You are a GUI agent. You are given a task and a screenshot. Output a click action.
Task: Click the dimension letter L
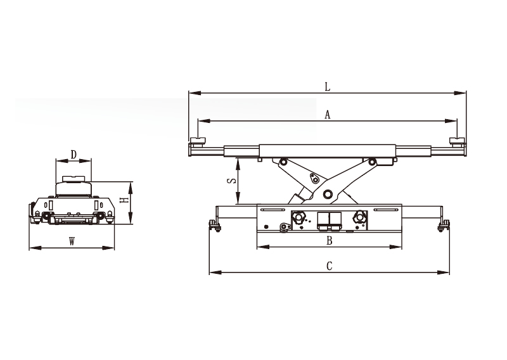pos(328,87)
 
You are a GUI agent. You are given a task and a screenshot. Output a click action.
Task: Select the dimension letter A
pos(328,115)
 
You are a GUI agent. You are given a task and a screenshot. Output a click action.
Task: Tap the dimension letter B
pos(329,241)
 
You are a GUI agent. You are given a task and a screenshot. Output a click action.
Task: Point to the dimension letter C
pos(329,266)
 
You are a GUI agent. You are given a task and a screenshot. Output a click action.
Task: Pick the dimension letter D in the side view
pos(74,155)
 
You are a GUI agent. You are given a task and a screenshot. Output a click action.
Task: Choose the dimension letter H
pos(124,200)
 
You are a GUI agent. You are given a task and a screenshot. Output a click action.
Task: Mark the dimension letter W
pos(72,241)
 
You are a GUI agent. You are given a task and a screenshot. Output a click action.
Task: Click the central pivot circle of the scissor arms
pos(328,194)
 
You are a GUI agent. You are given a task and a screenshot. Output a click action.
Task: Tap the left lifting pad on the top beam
pos(198,141)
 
